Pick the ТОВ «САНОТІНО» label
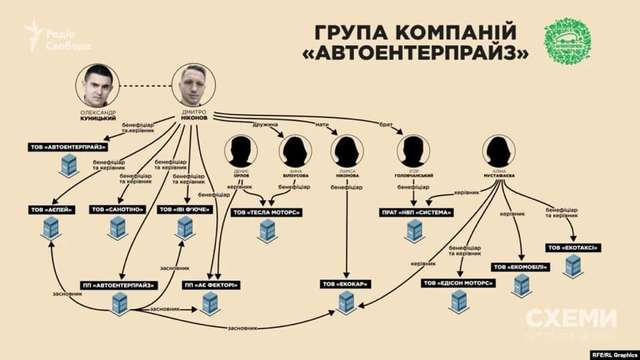click(118, 210)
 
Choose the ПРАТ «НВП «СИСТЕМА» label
click(416, 212)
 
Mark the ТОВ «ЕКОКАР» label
click(345, 284)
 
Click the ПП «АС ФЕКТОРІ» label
click(210, 284)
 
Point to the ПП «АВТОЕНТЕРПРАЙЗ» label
click(119, 284)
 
